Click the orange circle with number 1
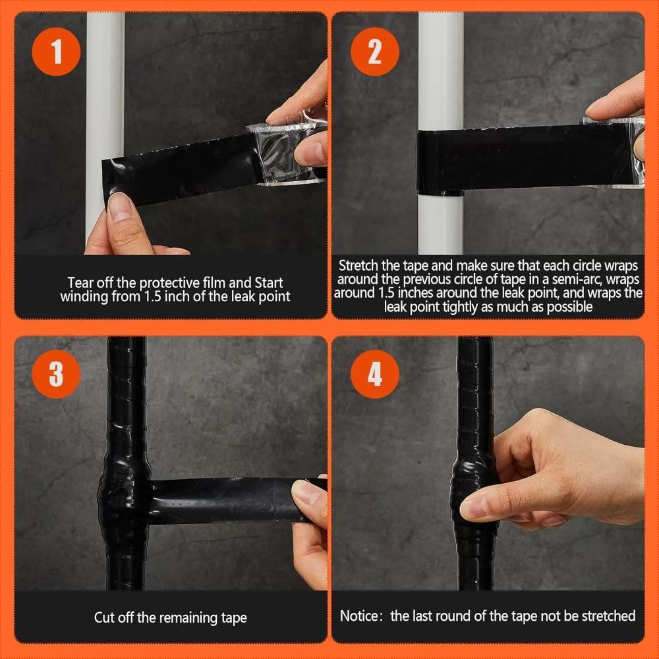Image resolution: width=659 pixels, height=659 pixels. coord(56,52)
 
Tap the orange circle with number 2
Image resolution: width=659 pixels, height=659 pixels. coord(374,52)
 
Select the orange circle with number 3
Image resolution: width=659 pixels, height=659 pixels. coord(56,374)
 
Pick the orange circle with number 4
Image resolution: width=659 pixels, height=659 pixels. coord(374,374)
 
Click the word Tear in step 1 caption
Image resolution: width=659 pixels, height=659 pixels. coord(80,283)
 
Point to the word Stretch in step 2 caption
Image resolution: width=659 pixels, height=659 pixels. coord(358,266)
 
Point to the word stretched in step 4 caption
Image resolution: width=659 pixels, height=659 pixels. coord(604,616)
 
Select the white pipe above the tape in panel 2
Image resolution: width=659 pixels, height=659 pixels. coord(440,66)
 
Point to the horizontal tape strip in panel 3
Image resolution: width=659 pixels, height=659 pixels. coord(217,500)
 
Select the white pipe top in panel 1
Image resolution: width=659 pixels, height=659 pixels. coord(105,66)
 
